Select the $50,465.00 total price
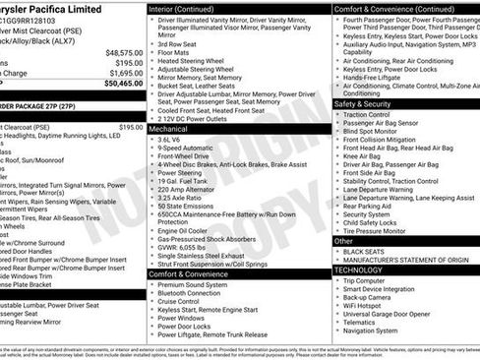pos(122,84)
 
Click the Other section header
pos(344,240)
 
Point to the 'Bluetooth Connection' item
pos(196,293)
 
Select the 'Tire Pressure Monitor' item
pos(381,231)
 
